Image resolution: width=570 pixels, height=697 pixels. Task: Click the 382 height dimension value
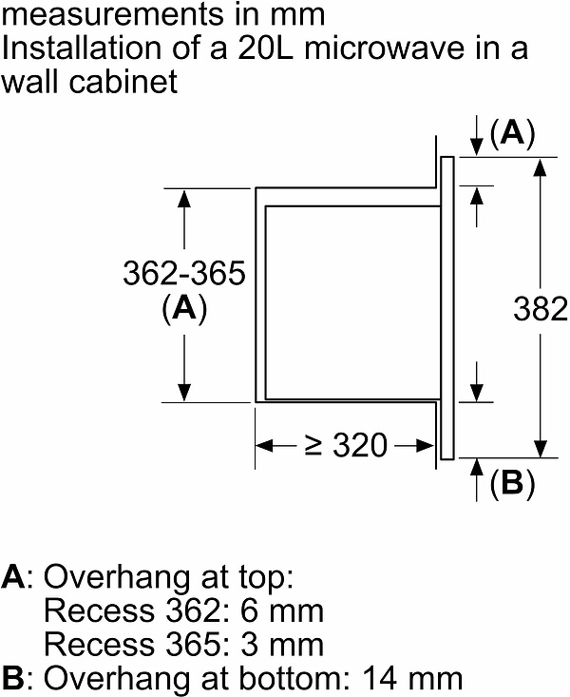(541, 309)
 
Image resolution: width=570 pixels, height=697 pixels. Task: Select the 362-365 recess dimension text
(184, 274)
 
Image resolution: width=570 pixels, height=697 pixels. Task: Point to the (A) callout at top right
(512, 135)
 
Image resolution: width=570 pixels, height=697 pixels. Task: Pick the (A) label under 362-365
(184, 309)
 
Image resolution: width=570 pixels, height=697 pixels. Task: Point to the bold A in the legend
(13, 577)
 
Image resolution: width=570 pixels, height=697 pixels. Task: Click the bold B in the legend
(13, 679)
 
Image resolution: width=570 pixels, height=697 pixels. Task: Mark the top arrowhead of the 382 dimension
(540, 166)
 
